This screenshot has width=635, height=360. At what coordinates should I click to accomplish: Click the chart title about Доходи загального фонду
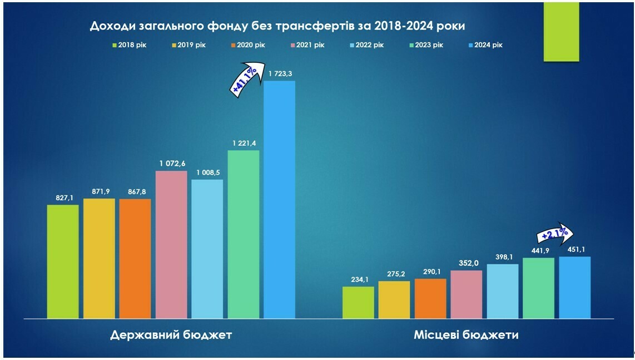point(277,27)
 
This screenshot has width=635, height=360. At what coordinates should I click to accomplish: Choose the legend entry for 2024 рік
point(485,45)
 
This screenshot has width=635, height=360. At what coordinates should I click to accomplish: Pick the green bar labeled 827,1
point(63,262)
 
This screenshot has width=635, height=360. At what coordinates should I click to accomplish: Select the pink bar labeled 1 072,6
point(171,245)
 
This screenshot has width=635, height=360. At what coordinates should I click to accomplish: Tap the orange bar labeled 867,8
point(135,259)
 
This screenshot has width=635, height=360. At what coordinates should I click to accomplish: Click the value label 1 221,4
point(243,144)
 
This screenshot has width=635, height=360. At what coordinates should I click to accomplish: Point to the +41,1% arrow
point(244,81)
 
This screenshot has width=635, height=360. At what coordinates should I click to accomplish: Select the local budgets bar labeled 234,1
point(358,303)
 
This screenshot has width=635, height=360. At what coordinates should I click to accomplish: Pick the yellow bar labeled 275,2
point(394,300)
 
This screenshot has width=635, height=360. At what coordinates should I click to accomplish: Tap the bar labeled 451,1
point(574,288)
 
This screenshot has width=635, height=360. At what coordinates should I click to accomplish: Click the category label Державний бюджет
point(171,335)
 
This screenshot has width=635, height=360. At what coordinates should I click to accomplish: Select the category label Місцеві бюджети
point(466,335)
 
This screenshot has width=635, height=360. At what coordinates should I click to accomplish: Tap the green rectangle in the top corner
point(561,31)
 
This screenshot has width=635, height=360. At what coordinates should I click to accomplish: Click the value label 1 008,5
point(207,172)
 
